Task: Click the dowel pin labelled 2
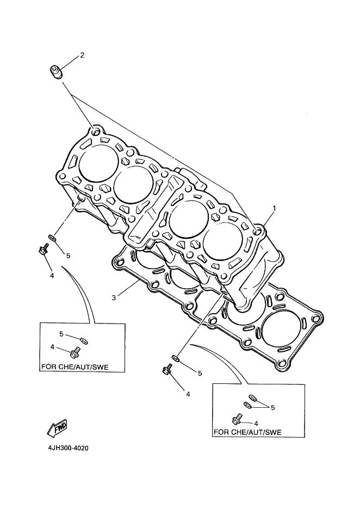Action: (56, 72)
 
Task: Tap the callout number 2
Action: (82, 55)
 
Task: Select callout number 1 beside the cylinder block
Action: (274, 208)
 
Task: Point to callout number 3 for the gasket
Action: (114, 297)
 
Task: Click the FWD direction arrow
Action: (58, 428)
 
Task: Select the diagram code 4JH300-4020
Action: (68, 448)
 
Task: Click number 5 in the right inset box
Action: (273, 408)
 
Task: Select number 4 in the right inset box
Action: (256, 424)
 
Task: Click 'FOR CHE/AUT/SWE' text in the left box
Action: (75, 367)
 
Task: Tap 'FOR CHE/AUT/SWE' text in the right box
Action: (247, 432)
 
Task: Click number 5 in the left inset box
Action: (61, 334)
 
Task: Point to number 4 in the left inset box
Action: (52, 347)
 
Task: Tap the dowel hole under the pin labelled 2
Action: (96, 132)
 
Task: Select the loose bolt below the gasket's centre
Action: (167, 370)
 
